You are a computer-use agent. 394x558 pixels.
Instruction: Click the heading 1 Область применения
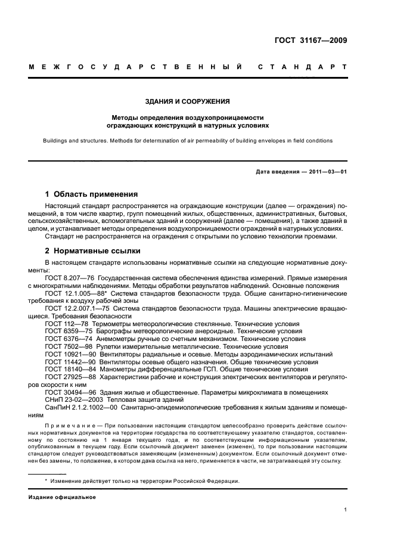[91, 194]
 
